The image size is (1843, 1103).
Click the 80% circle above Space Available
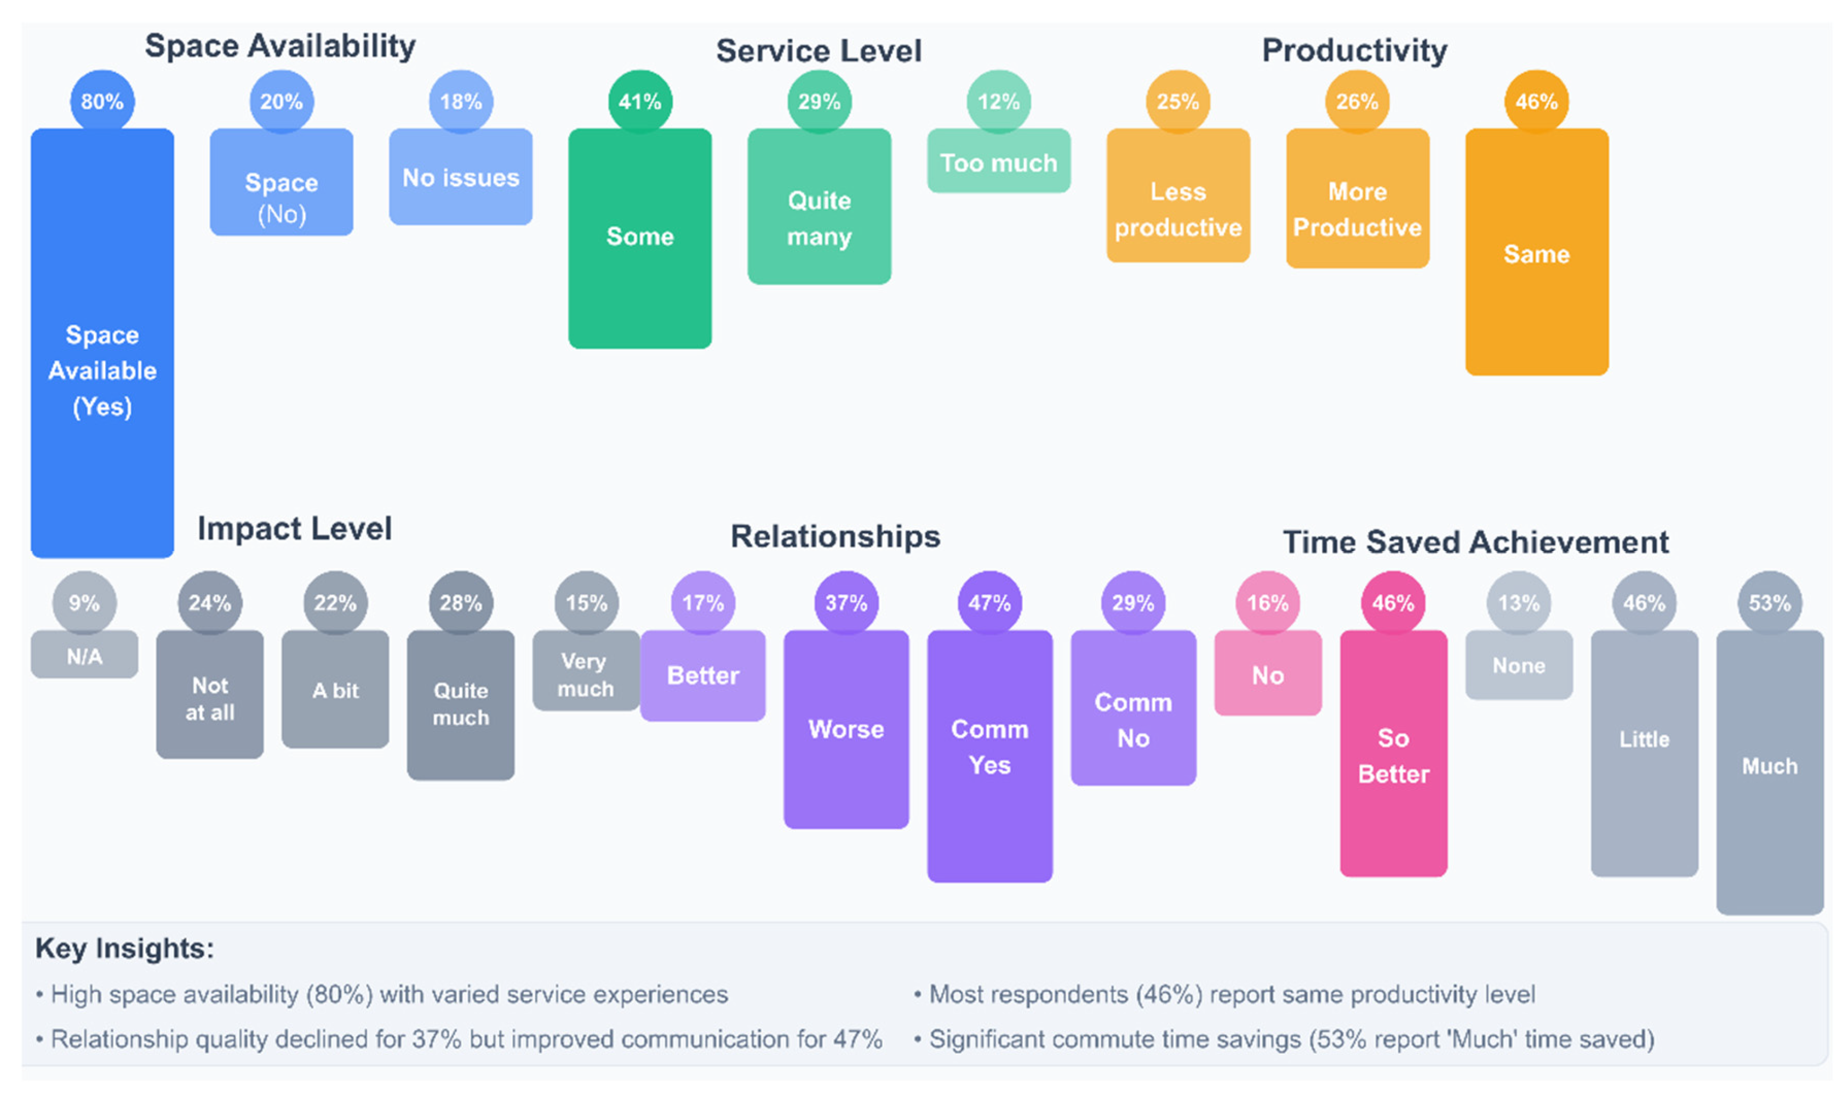pos(102,101)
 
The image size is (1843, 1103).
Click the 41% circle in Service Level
pos(639,101)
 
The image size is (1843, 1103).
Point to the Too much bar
pos(998,161)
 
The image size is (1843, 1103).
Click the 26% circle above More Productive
pos(1357,101)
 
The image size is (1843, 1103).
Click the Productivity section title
pos(1354,50)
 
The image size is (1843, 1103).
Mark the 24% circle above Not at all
pos(210,602)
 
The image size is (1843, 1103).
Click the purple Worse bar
pos(846,729)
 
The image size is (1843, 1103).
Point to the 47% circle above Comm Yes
pos(989,602)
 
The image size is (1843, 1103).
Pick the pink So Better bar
pos(1393,754)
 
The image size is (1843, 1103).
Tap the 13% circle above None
pos(1518,602)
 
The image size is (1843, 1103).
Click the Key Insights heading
pos(125,949)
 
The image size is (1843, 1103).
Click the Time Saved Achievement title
pos(1475,542)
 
